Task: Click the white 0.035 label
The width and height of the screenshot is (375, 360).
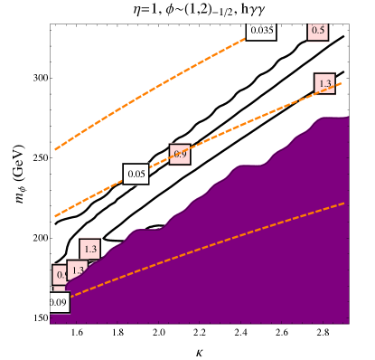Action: (262, 31)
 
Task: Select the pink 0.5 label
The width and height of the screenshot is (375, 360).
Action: (318, 31)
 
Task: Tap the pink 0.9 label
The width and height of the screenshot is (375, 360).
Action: (180, 155)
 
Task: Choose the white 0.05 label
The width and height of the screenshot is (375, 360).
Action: (136, 174)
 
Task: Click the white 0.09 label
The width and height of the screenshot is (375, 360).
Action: (58, 302)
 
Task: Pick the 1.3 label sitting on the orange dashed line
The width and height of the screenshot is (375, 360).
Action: (325, 83)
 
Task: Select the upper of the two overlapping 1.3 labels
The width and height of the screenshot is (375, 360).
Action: (89, 249)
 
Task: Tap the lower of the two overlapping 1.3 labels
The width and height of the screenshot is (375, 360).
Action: (77, 270)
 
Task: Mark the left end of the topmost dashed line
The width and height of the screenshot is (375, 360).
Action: (55, 149)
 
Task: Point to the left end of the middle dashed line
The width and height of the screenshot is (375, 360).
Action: (55, 217)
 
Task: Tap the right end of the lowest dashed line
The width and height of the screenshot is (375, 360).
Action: (344, 204)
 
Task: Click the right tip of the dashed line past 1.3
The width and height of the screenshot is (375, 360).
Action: (342, 83)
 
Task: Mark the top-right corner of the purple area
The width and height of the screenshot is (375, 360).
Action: (348, 118)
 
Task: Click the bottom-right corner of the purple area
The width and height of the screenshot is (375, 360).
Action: (348, 322)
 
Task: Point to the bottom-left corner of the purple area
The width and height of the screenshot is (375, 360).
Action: (52, 322)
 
